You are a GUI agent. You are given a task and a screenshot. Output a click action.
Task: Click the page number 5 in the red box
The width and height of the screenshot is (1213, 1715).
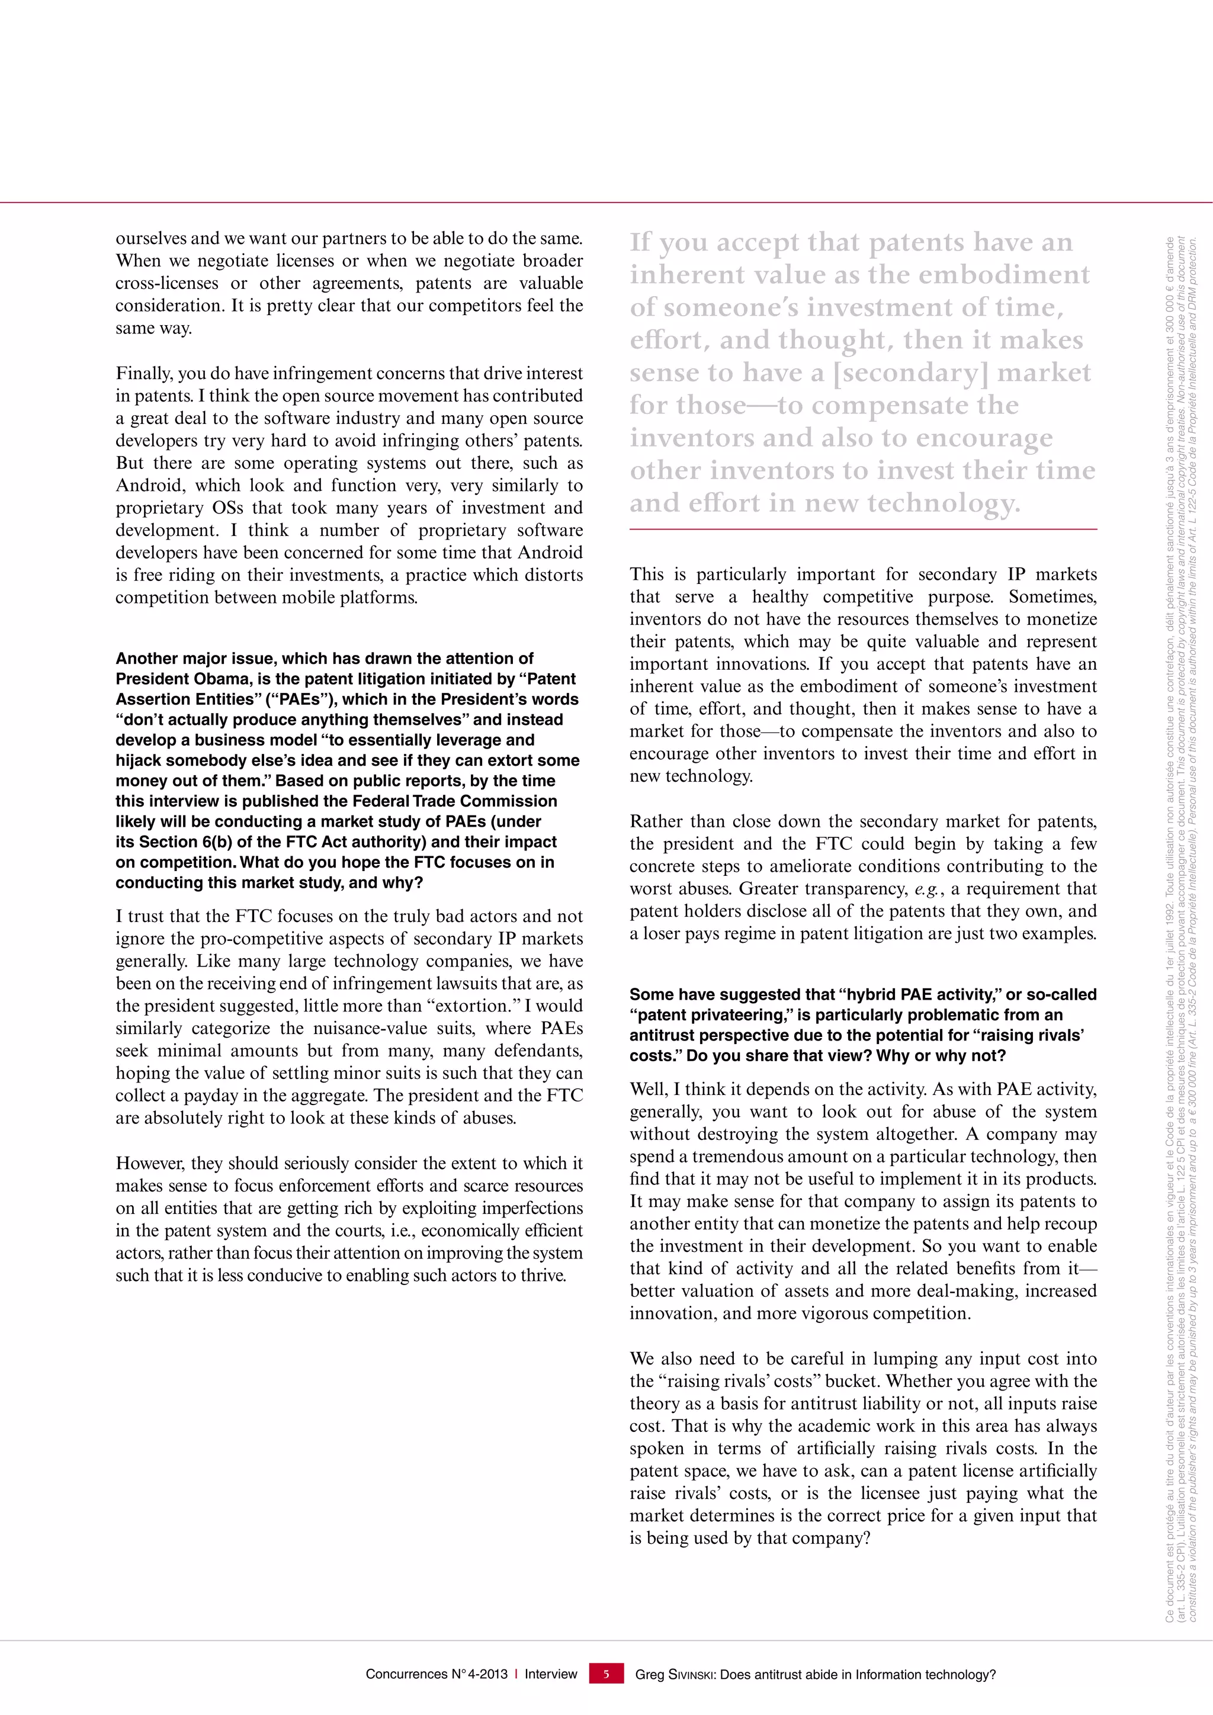606,1674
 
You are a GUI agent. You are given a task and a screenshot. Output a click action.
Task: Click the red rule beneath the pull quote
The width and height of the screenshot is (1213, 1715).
863,529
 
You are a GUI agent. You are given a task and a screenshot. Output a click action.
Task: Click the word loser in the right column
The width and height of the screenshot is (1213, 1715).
663,934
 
